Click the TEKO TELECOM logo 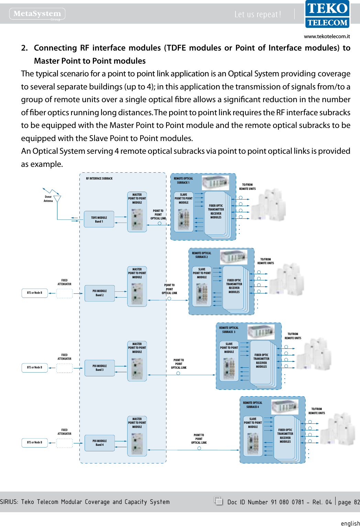click(327, 14)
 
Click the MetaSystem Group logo click(37, 14)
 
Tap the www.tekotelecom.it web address click(327, 36)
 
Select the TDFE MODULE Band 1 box click(99, 219)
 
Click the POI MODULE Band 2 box click(99, 293)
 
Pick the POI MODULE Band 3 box click(99, 368)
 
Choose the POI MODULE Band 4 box click(99, 443)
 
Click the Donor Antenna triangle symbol click(57, 199)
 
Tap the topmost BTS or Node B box click(35, 293)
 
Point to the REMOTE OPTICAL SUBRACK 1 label click(183, 181)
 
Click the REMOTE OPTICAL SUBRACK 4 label click(252, 405)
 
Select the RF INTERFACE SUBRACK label click(99, 179)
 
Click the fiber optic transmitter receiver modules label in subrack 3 click(261, 361)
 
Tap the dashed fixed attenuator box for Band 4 click(64, 443)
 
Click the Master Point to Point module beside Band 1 click(137, 212)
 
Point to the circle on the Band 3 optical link click(178, 373)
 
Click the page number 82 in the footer click(357, 502)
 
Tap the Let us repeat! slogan click(258, 14)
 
